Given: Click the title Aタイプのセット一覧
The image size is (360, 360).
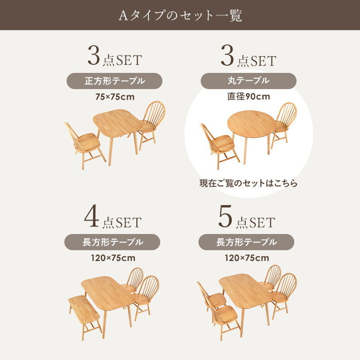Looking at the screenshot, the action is tap(180, 16).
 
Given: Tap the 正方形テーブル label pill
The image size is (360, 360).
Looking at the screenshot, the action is tap(114, 81).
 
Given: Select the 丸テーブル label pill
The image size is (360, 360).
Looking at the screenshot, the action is tap(248, 81).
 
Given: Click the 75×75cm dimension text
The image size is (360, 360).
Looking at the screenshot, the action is tap(115, 97).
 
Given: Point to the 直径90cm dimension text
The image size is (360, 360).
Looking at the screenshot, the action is tap(248, 97).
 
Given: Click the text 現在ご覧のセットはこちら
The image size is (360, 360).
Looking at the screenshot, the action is tap(248, 183).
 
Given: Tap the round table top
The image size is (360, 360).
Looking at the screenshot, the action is tap(251, 124).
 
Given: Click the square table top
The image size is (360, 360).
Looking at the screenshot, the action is tap(118, 123).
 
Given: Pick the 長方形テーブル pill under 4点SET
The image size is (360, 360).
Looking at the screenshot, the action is tap(112, 242).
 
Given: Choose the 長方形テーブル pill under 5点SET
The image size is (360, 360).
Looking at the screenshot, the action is tap(246, 242).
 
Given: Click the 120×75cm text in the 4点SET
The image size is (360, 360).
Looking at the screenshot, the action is tap(113, 258).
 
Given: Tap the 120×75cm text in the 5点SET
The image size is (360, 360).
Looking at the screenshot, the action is tap(247, 258).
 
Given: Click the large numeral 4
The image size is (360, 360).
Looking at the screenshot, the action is tap(92, 217).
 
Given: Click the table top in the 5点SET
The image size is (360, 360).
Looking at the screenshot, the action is tap(245, 291).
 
